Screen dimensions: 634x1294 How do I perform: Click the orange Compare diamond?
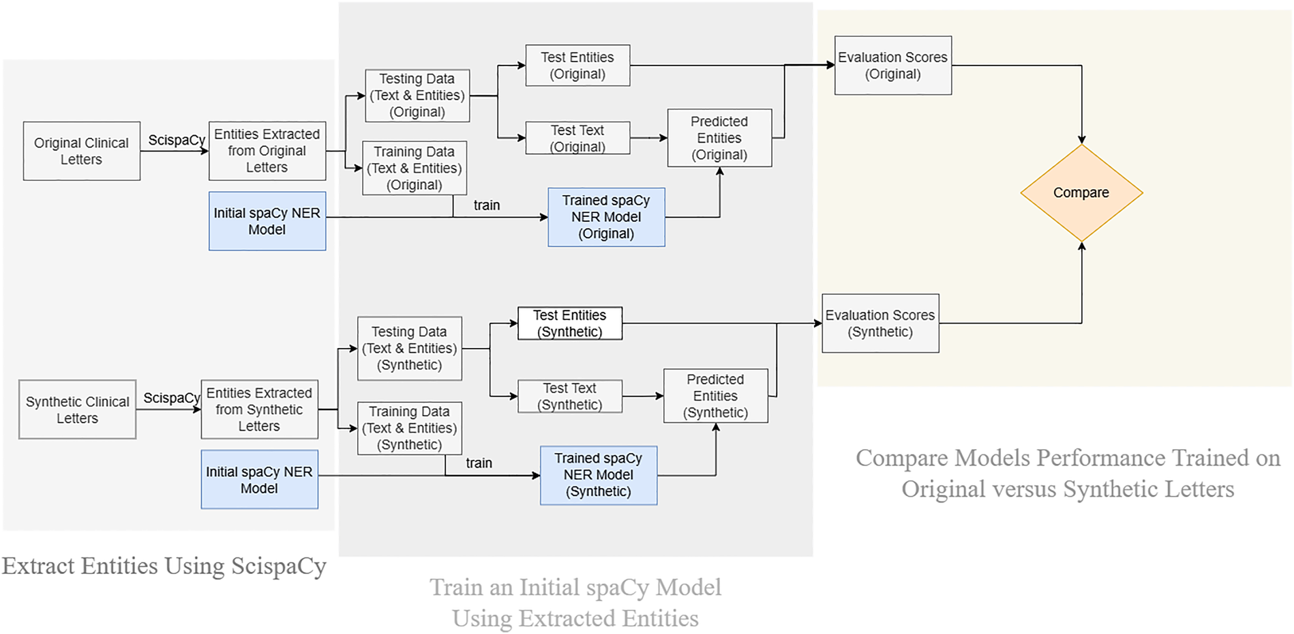pyautogui.click(x=1081, y=192)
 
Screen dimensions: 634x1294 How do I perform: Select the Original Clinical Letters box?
pyautogui.click(x=82, y=151)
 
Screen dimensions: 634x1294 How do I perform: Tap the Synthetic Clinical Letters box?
pyautogui.click(x=77, y=409)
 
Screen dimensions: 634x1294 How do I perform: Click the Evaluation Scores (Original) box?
pyautogui.click(x=892, y=66)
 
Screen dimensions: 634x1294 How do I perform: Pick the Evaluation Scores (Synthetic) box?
pyautogui.click(x=880, y=323)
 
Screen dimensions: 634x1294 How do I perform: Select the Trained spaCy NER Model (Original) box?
pyautogui.click(x=606, y=217)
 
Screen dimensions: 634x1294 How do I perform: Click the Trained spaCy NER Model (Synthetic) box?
pyautogui.click(x=598, y=475)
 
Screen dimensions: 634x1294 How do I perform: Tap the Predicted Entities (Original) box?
pyautogui.click(x=719, y=138)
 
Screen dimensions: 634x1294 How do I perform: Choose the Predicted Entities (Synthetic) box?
pyautogui.click(x=715, y=396)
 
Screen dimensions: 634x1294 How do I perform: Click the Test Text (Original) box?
pyautogui.click(x=577, y=138)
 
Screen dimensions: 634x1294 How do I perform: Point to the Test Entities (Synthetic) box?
pyautogui.click(x=569, y=323)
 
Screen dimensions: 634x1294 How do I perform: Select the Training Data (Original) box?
pyautogui.click(x=414, y=168)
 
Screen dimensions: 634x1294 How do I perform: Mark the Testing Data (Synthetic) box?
pyautogui.click(x=409, y=348)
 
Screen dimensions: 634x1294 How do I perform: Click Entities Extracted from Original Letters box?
pyautogui.click(x=267, y=151)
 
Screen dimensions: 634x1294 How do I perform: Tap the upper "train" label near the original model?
pyautogui.click(x=487, y=205)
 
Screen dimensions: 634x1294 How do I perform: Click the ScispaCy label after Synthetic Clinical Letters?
pyautogui.click(x=171, y=398)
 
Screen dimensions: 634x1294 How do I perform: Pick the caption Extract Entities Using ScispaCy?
pyautogui.click(x=164, y=566)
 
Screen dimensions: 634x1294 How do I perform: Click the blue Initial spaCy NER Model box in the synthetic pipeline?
pyautogui.click(x=259, y=479)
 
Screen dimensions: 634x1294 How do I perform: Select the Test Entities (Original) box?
pyautogui.click(x=577, y=66)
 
